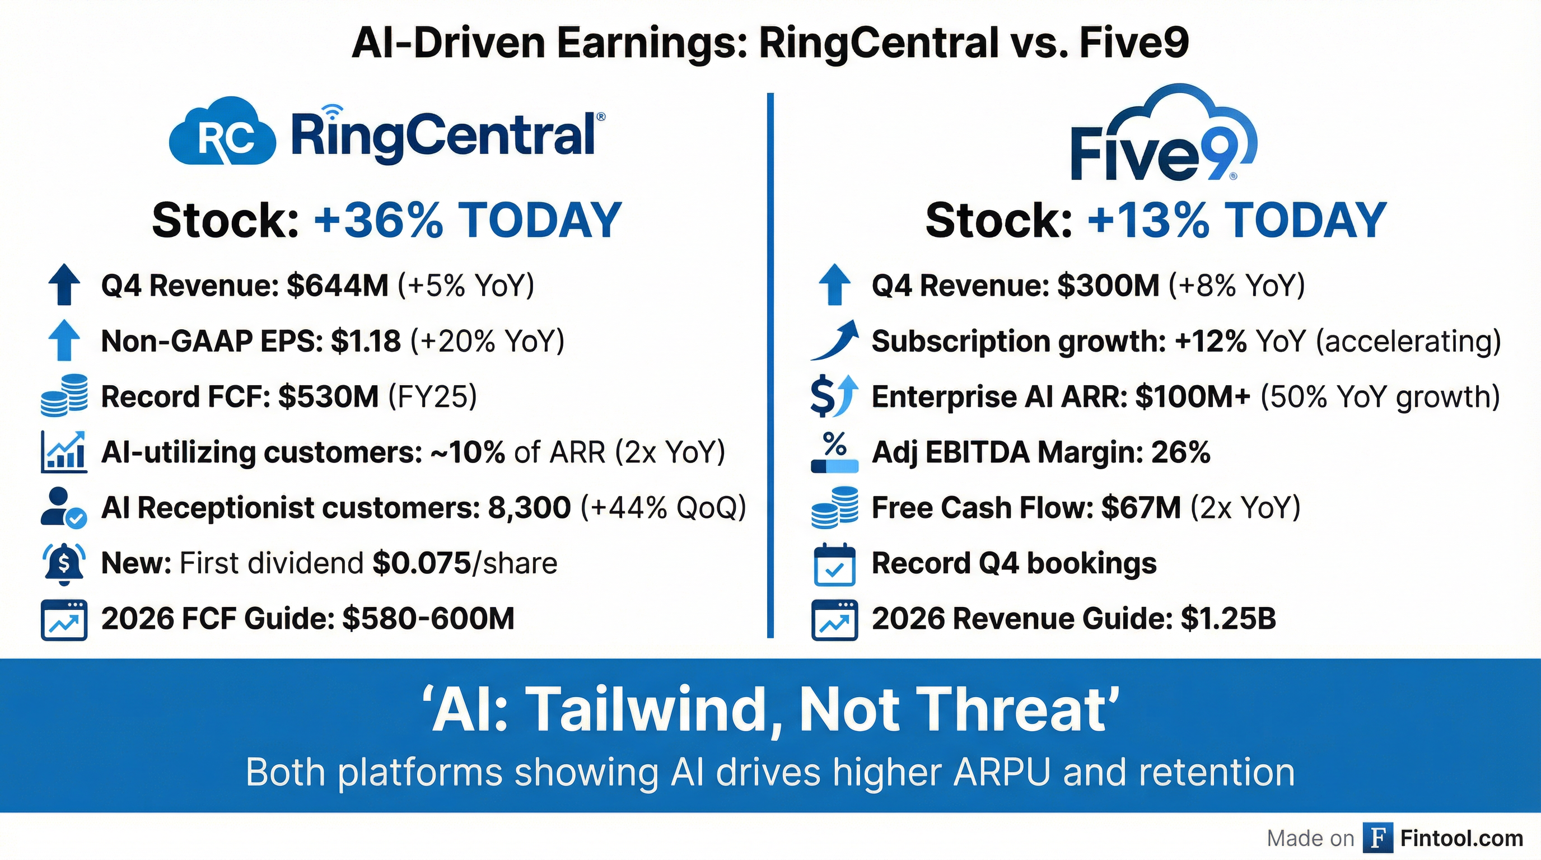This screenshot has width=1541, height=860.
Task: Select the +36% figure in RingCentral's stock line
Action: (378, 220)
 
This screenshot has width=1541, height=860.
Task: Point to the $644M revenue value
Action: (338, 286)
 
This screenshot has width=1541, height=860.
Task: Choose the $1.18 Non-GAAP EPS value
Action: (366, 341)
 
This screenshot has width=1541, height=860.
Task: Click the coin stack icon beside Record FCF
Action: (64, 395)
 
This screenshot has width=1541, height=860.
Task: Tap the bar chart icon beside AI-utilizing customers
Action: (64, 452)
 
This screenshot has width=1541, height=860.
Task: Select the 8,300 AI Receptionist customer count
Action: (529, 508)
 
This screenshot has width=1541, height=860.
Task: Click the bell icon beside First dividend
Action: (64, 563)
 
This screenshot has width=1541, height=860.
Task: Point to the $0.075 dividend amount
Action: (421, 563)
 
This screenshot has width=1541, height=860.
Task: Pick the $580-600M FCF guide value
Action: (428, 618)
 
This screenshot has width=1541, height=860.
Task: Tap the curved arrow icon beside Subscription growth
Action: (834, 340)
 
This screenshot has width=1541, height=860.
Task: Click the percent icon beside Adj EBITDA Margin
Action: (834, 452)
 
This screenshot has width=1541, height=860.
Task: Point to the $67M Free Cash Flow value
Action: (1141, 508)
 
